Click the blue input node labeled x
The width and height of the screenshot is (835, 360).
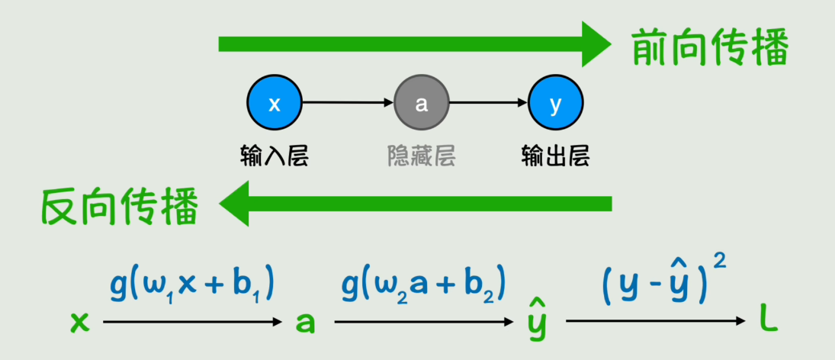coord(275,104)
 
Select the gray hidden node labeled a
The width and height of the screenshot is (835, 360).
coord(422,104)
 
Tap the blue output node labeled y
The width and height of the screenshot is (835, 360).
coord(555,104)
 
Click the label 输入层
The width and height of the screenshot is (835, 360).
coord(275,157)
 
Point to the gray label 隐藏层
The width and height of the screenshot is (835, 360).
coord(422,157)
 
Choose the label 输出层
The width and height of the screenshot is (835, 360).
coord(555,157)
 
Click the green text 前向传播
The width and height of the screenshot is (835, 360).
coord(710,50)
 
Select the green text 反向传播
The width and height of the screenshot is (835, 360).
coord(120,205)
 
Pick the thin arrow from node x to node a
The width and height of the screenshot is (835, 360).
coord(348,104)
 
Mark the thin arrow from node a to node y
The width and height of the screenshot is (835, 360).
coord(488,104)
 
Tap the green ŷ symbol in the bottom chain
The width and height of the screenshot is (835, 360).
coord(536,320)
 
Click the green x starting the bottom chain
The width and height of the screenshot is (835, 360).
coord(79,323)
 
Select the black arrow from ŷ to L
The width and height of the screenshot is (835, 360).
coord(655,323)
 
